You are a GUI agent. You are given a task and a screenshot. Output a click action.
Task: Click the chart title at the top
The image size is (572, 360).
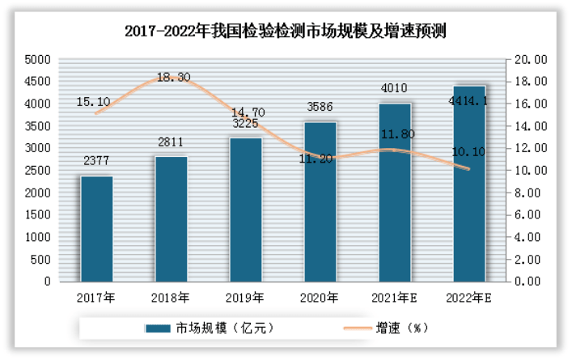(286, 32)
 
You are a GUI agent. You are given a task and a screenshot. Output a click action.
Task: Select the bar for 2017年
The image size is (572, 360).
(96, 229)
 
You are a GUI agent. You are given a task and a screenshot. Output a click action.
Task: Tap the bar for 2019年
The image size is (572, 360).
(246, 210)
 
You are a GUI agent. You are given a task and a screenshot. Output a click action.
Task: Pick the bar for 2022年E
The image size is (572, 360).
(469, 184)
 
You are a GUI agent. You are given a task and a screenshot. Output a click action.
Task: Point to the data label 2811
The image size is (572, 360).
(171, 142)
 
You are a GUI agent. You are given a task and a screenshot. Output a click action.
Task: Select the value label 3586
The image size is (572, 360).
(320, 105)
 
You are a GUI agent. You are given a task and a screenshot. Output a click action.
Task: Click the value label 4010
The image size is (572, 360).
(395, 87)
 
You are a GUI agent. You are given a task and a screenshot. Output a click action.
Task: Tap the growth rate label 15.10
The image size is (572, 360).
(93, 102)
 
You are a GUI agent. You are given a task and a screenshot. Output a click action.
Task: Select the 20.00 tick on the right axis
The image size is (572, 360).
(530, 59)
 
